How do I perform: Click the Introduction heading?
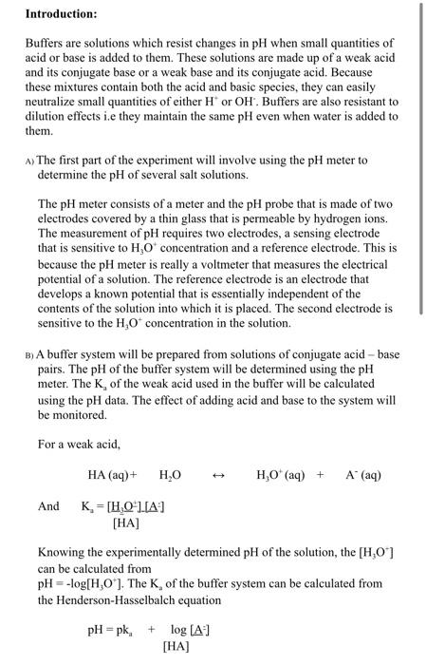[x=61, y=14]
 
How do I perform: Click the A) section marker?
[x=28, y=162]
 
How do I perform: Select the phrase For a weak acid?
[x=81, y=444]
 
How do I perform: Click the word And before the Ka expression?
[x=48, y=506]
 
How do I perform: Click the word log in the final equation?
[x=179, y=631]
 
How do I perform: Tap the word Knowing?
[x=63, y=553]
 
